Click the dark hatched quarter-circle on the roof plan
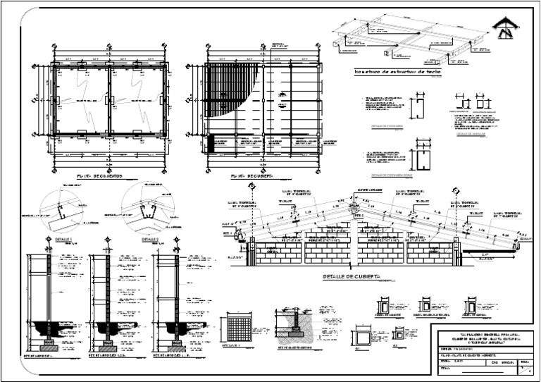click(x=227, y=92)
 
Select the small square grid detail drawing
click(x=240, y=329)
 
